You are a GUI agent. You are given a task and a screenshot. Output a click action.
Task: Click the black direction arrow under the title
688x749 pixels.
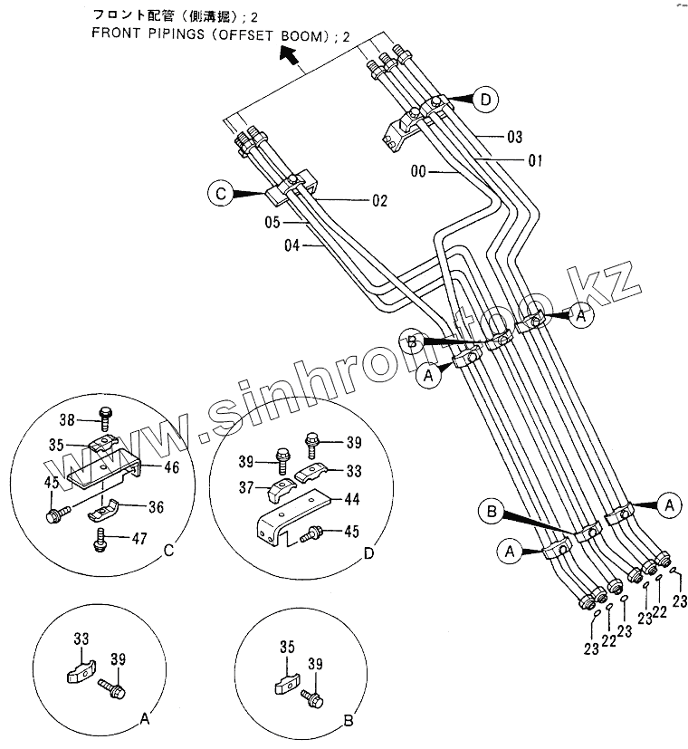coord(290,58)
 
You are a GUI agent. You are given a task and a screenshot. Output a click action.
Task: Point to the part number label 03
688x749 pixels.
coord(514,137)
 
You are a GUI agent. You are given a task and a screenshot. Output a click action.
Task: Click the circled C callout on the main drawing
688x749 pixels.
coord(220,192)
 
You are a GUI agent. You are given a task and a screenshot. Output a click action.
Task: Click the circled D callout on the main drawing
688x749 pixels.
coord(486,101)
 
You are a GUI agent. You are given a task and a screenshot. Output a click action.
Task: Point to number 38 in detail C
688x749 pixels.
coord(67,420)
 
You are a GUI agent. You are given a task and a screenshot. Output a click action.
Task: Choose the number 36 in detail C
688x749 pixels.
coord(156,507)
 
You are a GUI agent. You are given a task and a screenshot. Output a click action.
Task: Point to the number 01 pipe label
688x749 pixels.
coord(534,160)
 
